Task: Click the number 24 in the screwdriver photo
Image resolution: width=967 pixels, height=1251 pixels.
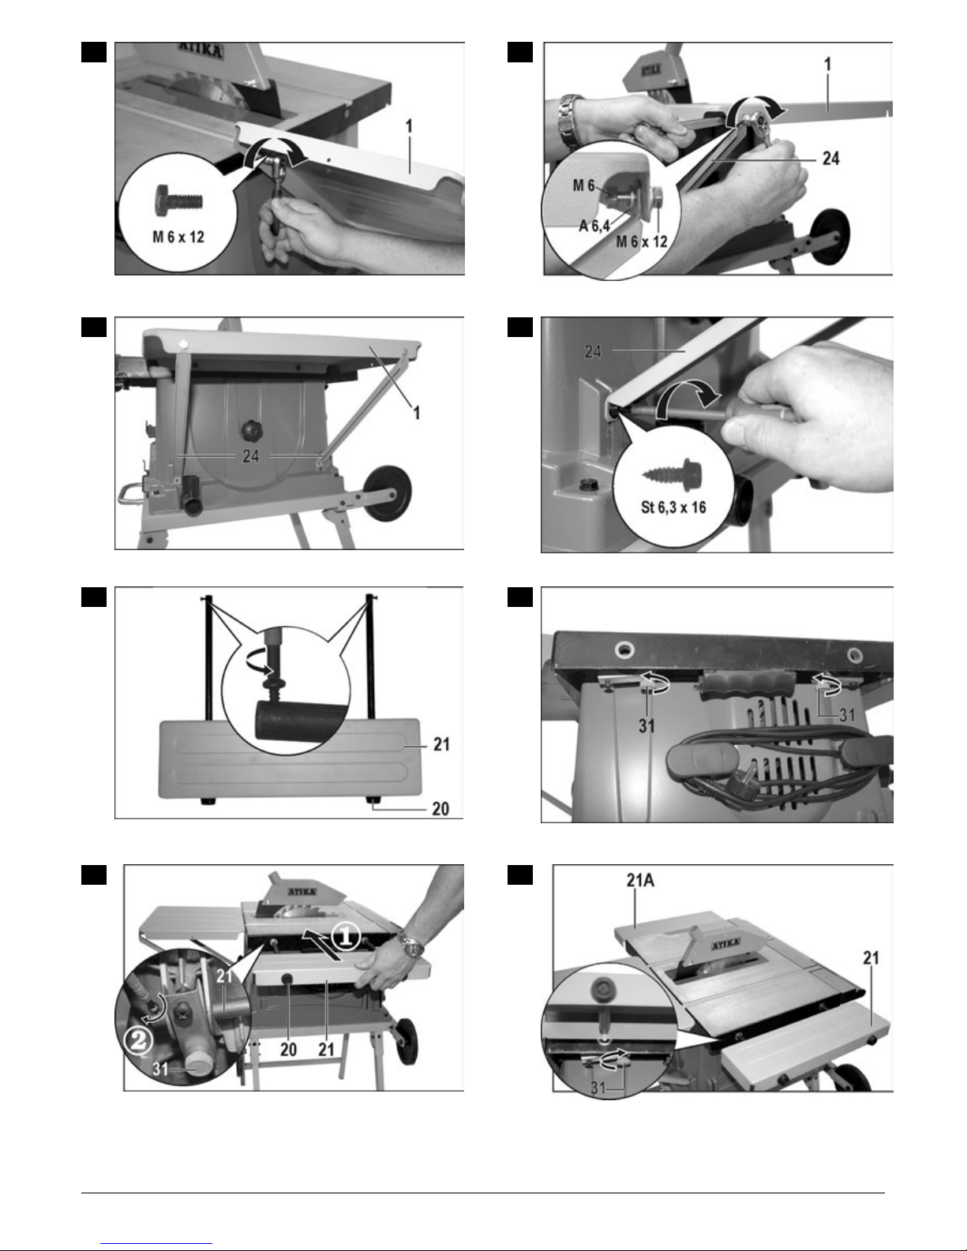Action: tap(593, 352)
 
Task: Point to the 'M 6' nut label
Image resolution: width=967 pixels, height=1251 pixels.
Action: tap(583, 185)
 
